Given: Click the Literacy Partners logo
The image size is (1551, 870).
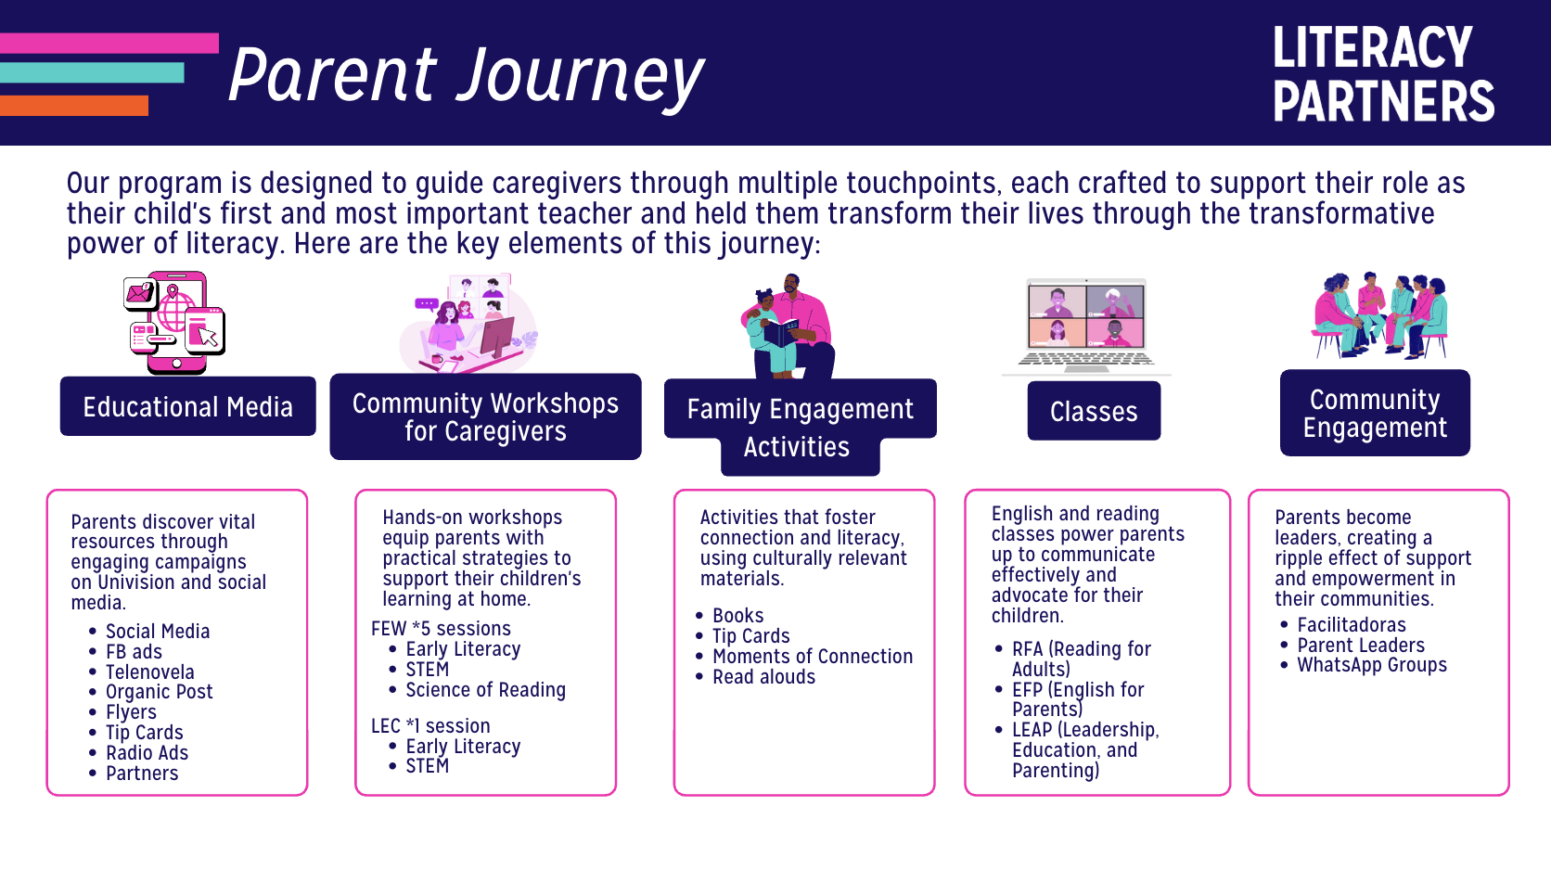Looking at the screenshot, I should (x=1382, y=74).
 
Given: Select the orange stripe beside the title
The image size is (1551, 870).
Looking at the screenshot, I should (x=74, y=106).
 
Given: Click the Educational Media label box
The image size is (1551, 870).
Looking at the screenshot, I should (x=187, y=407).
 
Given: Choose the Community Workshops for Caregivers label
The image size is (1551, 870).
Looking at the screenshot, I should (x=485, y=417).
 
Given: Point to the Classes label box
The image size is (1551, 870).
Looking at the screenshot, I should (x=1094, y=412).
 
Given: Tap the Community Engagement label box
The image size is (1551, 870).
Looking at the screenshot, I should (x=1375, y=414).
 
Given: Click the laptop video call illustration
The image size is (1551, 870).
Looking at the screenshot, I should (x=1086, y=325).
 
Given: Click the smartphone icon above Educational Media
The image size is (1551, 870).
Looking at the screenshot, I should (x=176, y=323).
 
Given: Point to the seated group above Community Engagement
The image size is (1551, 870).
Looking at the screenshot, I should (x=1379, y=315).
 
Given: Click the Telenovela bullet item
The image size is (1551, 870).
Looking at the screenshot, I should (x=149, y=672).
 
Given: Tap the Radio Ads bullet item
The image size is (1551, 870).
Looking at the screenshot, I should (x=147, y=753).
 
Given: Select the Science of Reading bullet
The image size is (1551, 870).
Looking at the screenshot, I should (x=485, y=690).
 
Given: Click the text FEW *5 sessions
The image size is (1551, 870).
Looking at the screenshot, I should (x=441, y=629).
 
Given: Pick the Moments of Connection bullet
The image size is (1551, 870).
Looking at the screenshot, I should (x=812, y=657).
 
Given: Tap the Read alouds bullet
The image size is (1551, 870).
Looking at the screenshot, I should (x=763, y=677).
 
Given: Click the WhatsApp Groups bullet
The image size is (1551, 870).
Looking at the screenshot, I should (x=1371, y=665).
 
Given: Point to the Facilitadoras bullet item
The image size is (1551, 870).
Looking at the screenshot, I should (x=1351, y=625).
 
